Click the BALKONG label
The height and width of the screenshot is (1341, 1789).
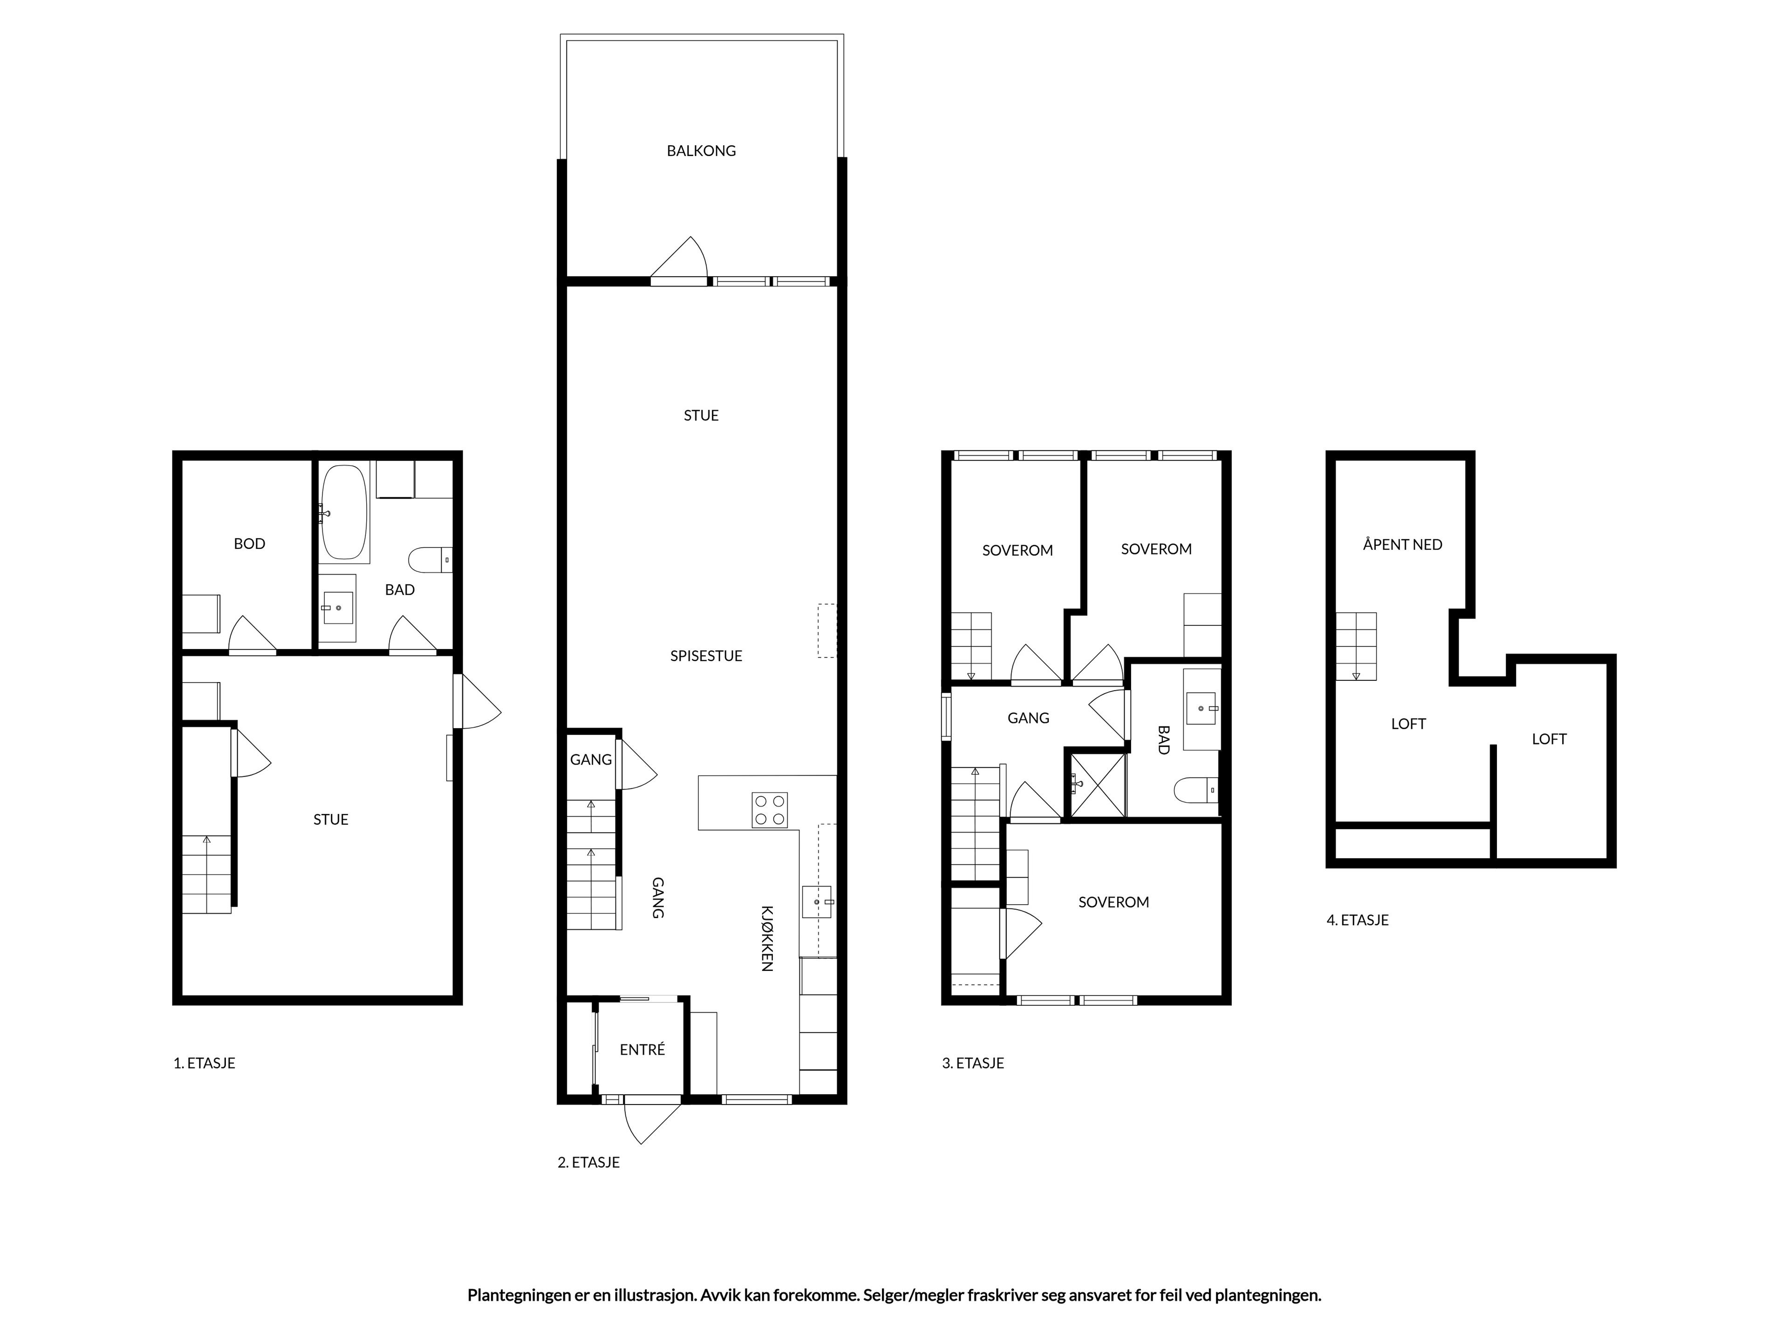click(x=701, y=150)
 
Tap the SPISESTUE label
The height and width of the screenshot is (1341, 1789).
click(x=706, y=656)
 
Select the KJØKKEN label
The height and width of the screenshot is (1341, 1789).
click(x=767, y=938)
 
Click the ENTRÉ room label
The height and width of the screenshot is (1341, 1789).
click(x=642, y=1049)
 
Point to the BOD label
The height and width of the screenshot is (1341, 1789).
click(x=249, y=544)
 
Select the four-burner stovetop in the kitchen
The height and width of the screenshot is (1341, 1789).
click(x=769, y=810)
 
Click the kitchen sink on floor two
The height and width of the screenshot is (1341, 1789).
click(x=817, y=901)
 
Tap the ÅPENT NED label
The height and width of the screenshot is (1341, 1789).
click(x=1402, y=545)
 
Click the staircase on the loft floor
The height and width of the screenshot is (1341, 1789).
click(x=1356, y=647)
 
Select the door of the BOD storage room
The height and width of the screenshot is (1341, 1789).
click(x=253, y=635)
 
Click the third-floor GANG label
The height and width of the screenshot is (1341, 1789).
click(x=1028, y=718)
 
